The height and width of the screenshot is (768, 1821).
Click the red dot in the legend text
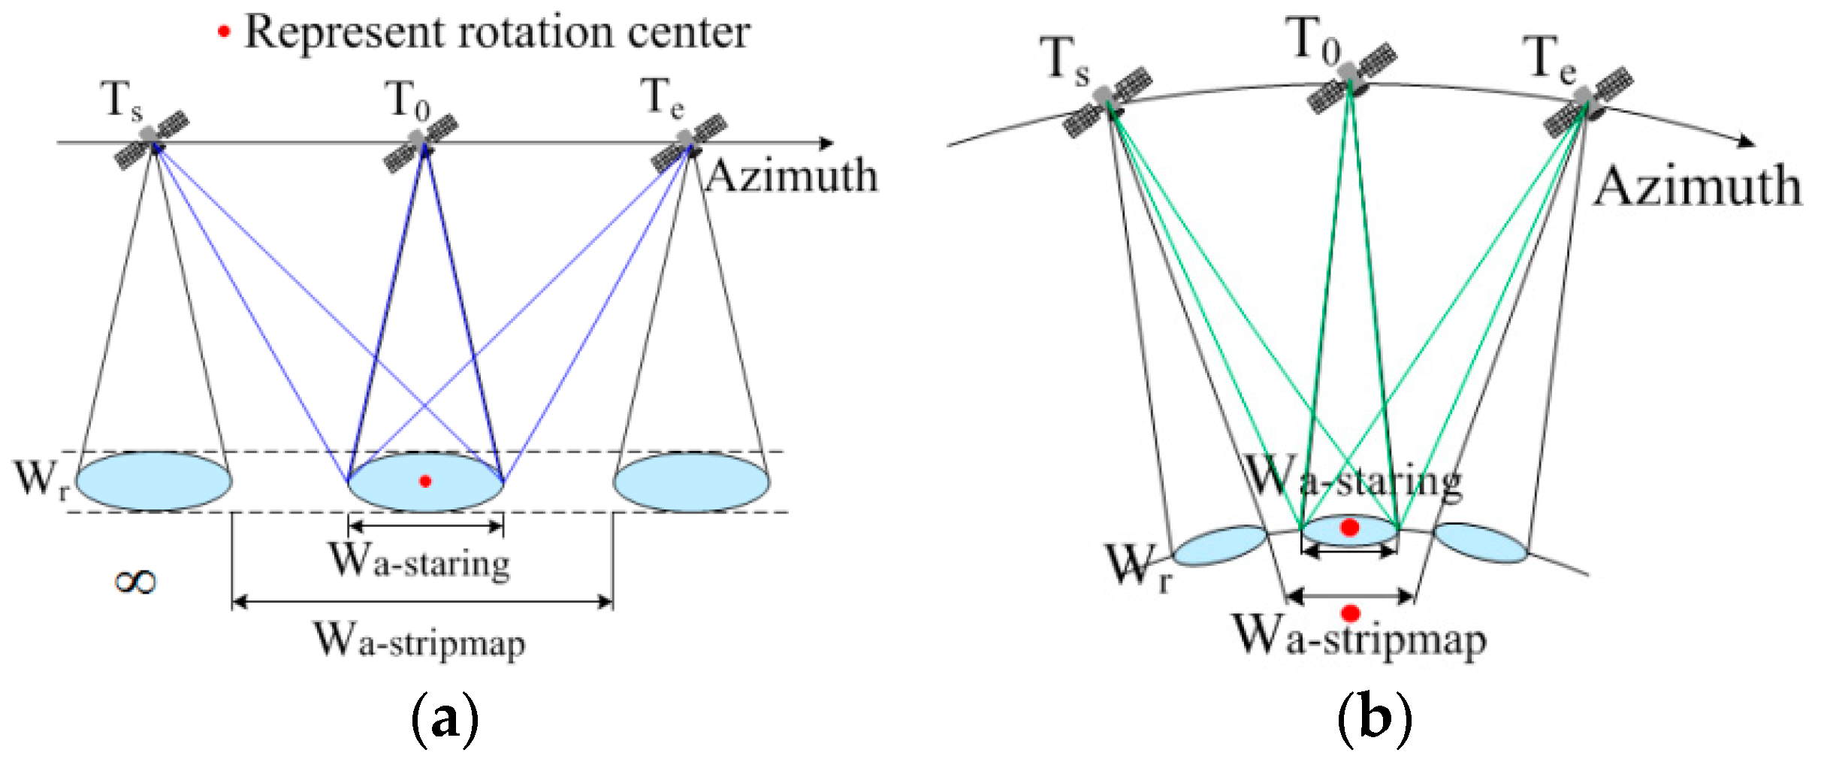point(223,32)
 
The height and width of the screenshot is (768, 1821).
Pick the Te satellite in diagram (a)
point(688,142)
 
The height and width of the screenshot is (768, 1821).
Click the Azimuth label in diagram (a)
point(792,177)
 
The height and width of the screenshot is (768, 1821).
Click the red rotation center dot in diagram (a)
point(425,481)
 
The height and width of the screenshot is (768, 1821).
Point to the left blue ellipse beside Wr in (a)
point(153,481)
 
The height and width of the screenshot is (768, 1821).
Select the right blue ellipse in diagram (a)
point(691,481)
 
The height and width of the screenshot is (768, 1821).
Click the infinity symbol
point(135,581)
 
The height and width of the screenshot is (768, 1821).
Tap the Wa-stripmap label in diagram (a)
point(419,641)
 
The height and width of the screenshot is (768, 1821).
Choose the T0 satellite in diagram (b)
point(1351,77)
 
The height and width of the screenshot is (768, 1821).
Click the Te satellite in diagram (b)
point(1587,101)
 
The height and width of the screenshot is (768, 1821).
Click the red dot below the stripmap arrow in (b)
point(1350,613)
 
